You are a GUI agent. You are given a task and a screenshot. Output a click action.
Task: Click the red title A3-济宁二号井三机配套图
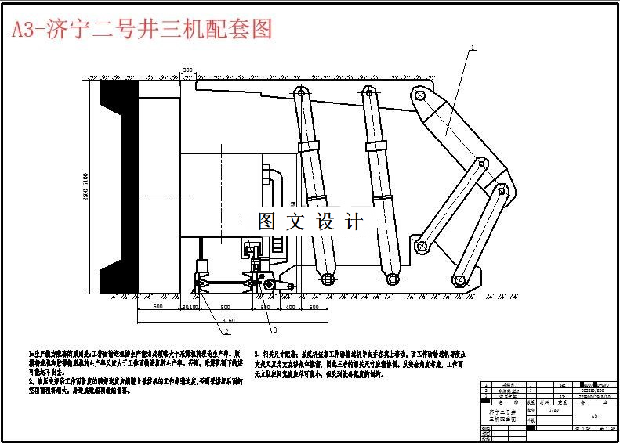140,29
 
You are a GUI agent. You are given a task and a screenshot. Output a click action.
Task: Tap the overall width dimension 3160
228,320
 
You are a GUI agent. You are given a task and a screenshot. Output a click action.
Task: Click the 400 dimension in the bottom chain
289,308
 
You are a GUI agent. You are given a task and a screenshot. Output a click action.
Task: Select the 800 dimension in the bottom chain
224,308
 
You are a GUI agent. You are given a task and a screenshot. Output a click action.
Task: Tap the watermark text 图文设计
311,221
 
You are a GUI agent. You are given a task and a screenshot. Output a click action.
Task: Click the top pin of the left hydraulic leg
298,92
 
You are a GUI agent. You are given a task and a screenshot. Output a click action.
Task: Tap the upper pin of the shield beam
419,96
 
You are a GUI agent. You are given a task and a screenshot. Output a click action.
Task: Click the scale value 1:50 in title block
554,409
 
